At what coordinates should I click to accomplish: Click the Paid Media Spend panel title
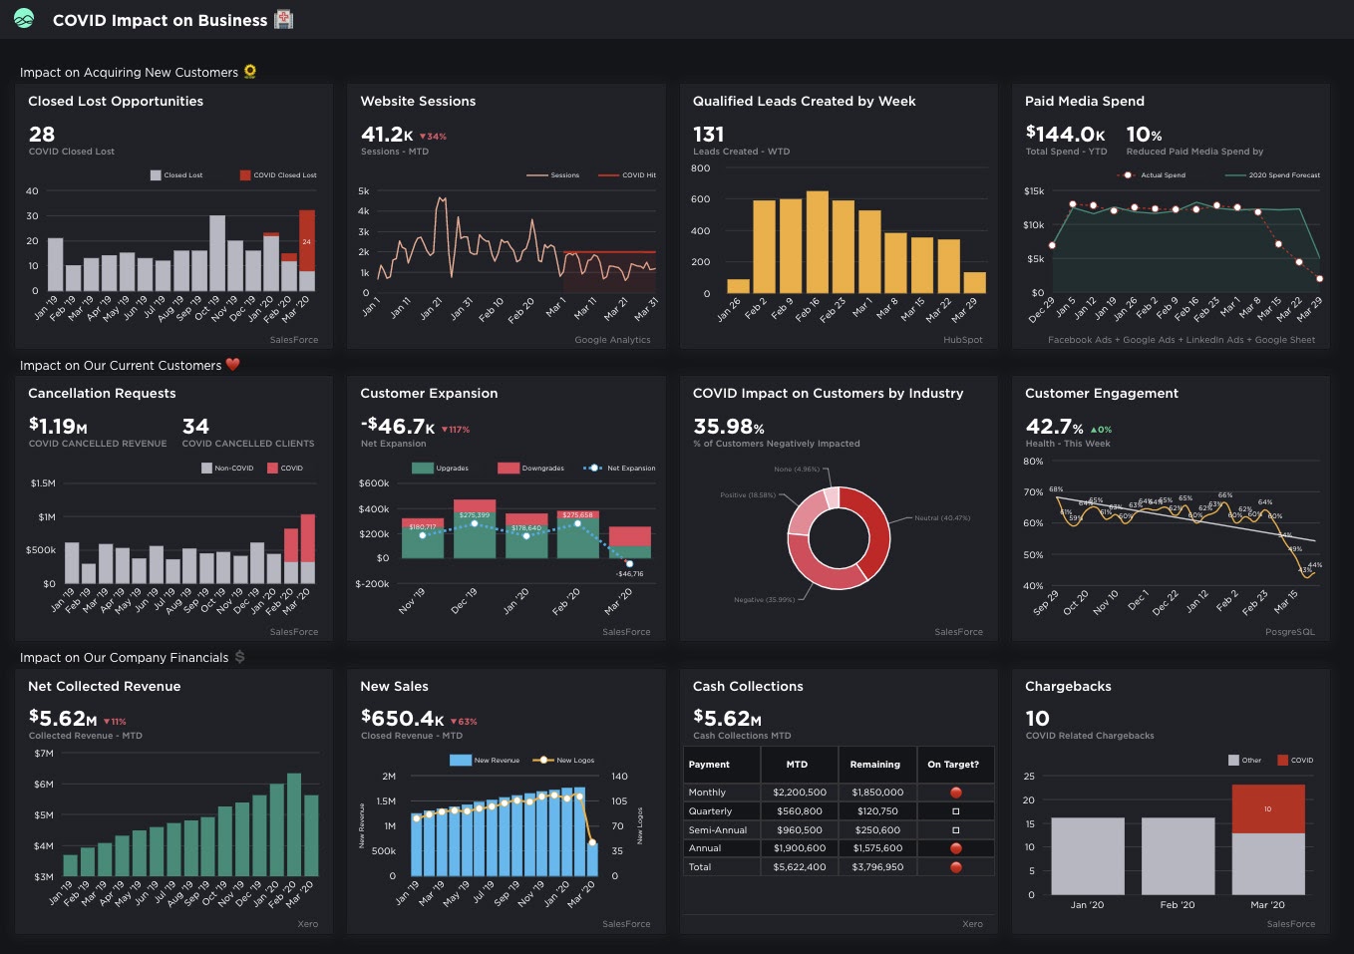tap(1084, 101)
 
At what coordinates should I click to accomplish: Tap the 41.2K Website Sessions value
tap(387, 134)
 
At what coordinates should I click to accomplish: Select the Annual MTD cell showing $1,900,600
tap(799, 848)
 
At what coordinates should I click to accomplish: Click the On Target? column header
tap(952, 765)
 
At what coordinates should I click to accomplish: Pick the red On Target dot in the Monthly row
tap(955, 793)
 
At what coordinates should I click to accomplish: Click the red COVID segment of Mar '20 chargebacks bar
tap(1267, 808)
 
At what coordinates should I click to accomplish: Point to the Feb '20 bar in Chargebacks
tap(1178, 855)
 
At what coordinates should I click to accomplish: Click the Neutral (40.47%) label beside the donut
tap(941, 518)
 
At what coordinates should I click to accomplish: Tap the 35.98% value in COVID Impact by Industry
tap(728, 426)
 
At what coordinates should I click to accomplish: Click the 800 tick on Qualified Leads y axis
tap(700, 168)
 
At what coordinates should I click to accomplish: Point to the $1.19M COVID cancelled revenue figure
tap(58, 426)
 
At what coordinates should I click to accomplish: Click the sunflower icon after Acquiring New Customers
tap(250, 72)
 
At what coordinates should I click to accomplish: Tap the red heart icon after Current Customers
tap(233, 365)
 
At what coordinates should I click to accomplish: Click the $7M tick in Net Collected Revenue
tap(44, 754)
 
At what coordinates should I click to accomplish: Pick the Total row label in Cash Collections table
tap(700, 867)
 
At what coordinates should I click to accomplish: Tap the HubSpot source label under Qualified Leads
tap(962, 340)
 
